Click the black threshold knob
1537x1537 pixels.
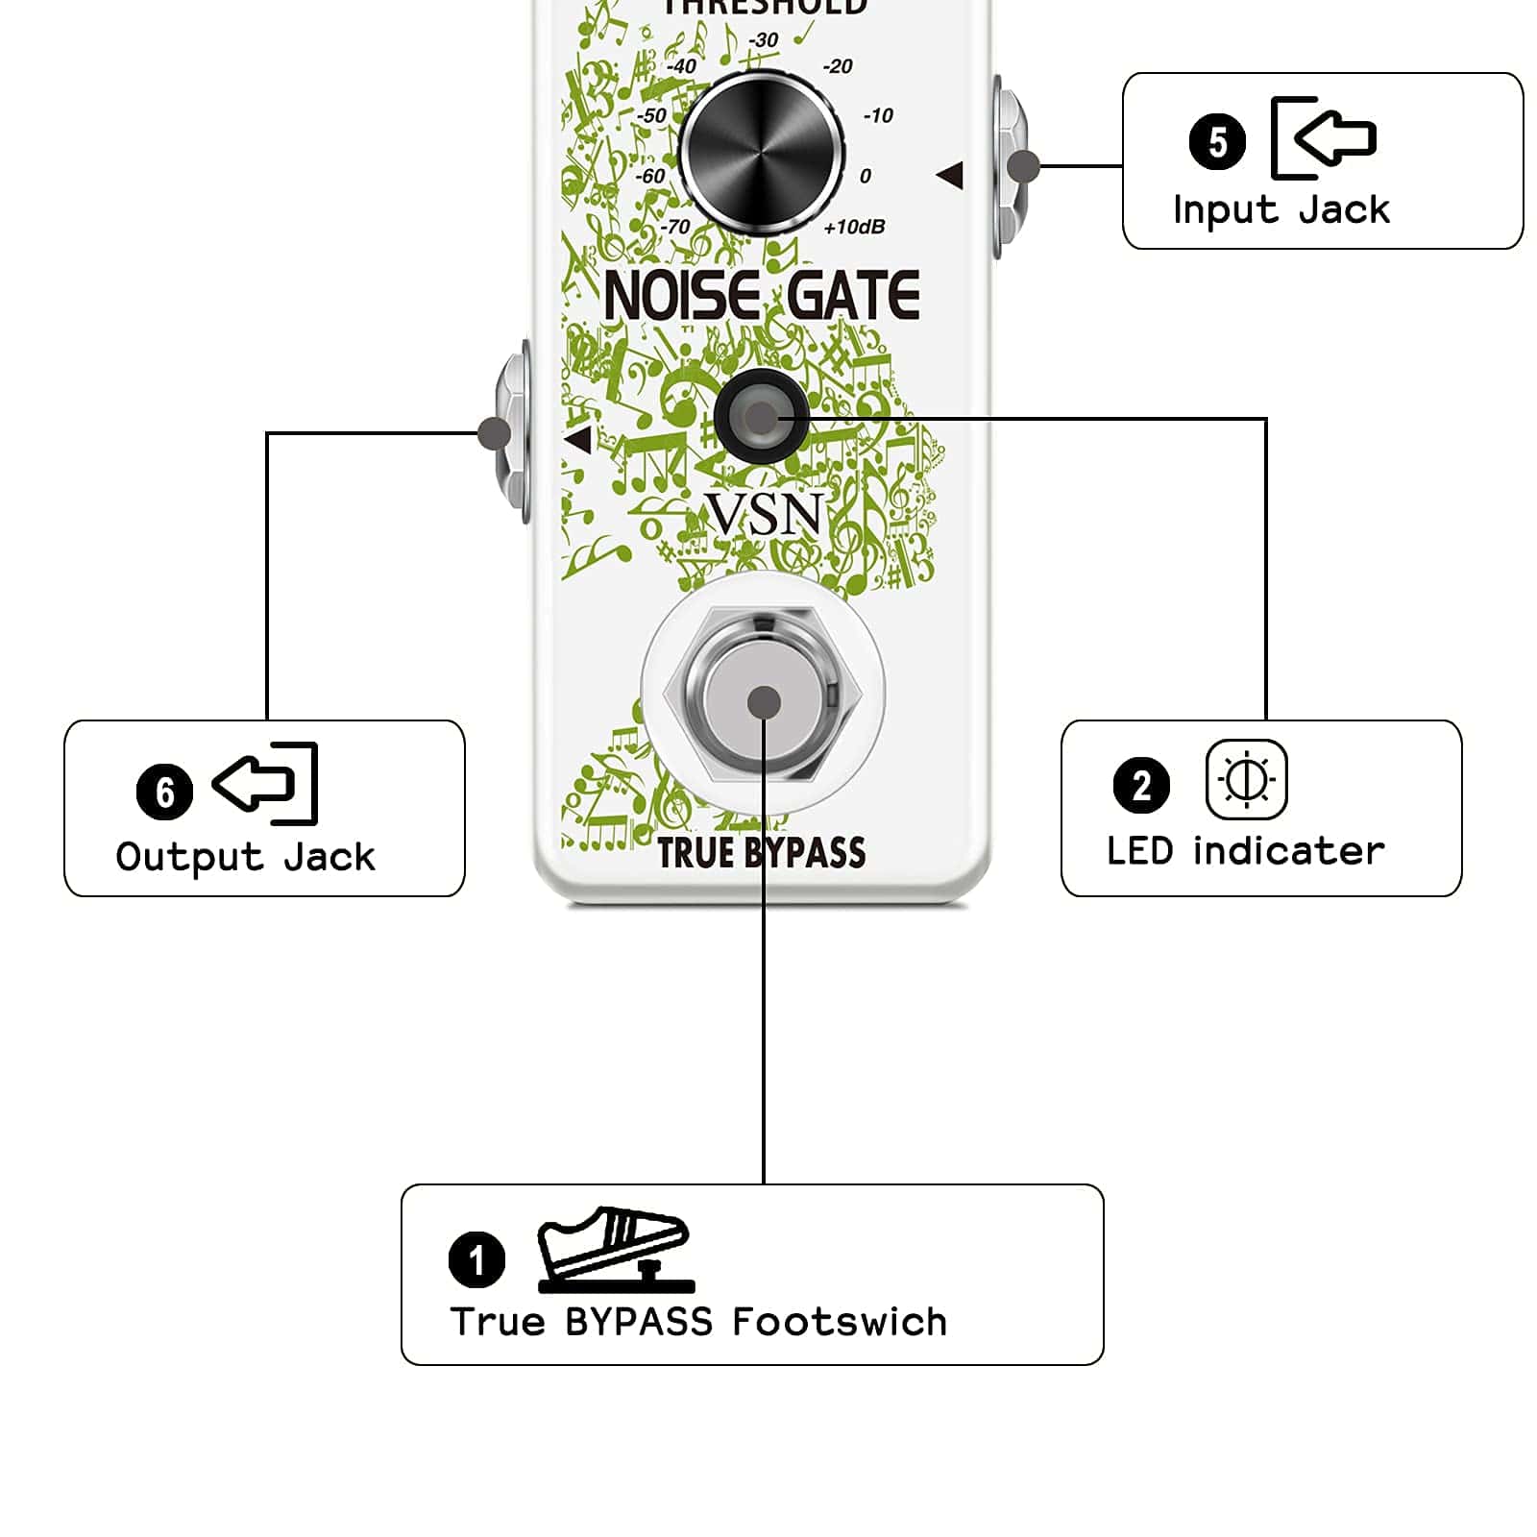762,152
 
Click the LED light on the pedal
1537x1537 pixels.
760,417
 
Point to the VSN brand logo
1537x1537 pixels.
765,514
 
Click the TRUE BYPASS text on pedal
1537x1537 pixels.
762,853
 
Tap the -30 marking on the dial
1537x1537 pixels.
764,40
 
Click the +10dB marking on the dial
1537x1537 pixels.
854,227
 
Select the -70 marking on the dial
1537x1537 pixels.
675,227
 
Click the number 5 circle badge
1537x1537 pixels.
1217,142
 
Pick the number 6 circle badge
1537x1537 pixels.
164,792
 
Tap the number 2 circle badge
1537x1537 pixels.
1141,785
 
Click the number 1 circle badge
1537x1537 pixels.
476,1258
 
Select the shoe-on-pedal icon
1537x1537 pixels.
616,1249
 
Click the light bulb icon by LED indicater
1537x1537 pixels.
1246,779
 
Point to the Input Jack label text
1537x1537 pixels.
1281,209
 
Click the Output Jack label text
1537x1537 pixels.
246,857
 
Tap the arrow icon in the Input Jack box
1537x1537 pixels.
1324,137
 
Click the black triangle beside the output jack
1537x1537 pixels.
578,441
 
